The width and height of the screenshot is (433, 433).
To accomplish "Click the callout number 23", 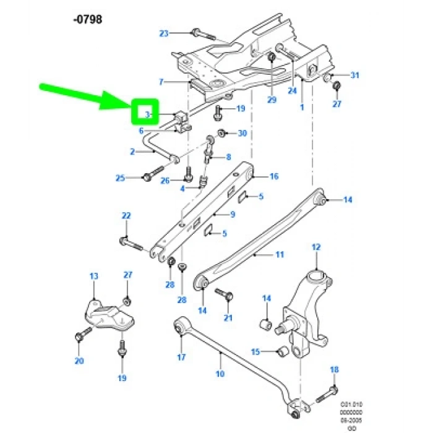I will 163,33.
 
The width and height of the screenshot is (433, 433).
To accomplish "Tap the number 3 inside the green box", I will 147,114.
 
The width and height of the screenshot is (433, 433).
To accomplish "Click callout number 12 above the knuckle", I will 316,247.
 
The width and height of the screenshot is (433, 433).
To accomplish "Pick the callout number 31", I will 354,75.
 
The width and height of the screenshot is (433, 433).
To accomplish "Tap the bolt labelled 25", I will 148,178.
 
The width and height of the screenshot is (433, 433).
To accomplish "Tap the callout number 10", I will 220,374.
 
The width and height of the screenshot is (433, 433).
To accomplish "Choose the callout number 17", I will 181,357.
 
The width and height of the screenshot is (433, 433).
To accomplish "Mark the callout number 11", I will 279,254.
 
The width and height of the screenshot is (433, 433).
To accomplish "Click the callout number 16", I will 273,176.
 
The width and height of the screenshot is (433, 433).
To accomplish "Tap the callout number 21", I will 228,318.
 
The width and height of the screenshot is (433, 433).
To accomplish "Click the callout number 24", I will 292,90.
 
